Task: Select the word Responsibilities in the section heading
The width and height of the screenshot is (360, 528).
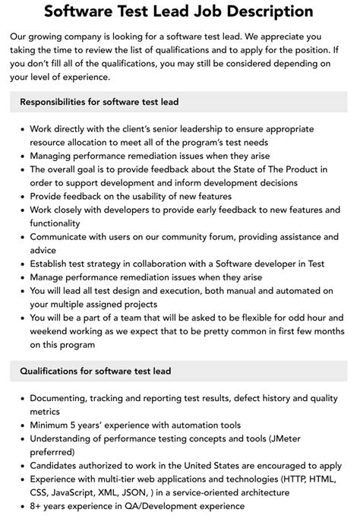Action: tap(58, 103)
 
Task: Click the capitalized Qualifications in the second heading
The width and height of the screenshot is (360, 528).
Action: tap(53, 371)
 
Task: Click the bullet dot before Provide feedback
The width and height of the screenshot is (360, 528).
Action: tap(22, 196)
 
